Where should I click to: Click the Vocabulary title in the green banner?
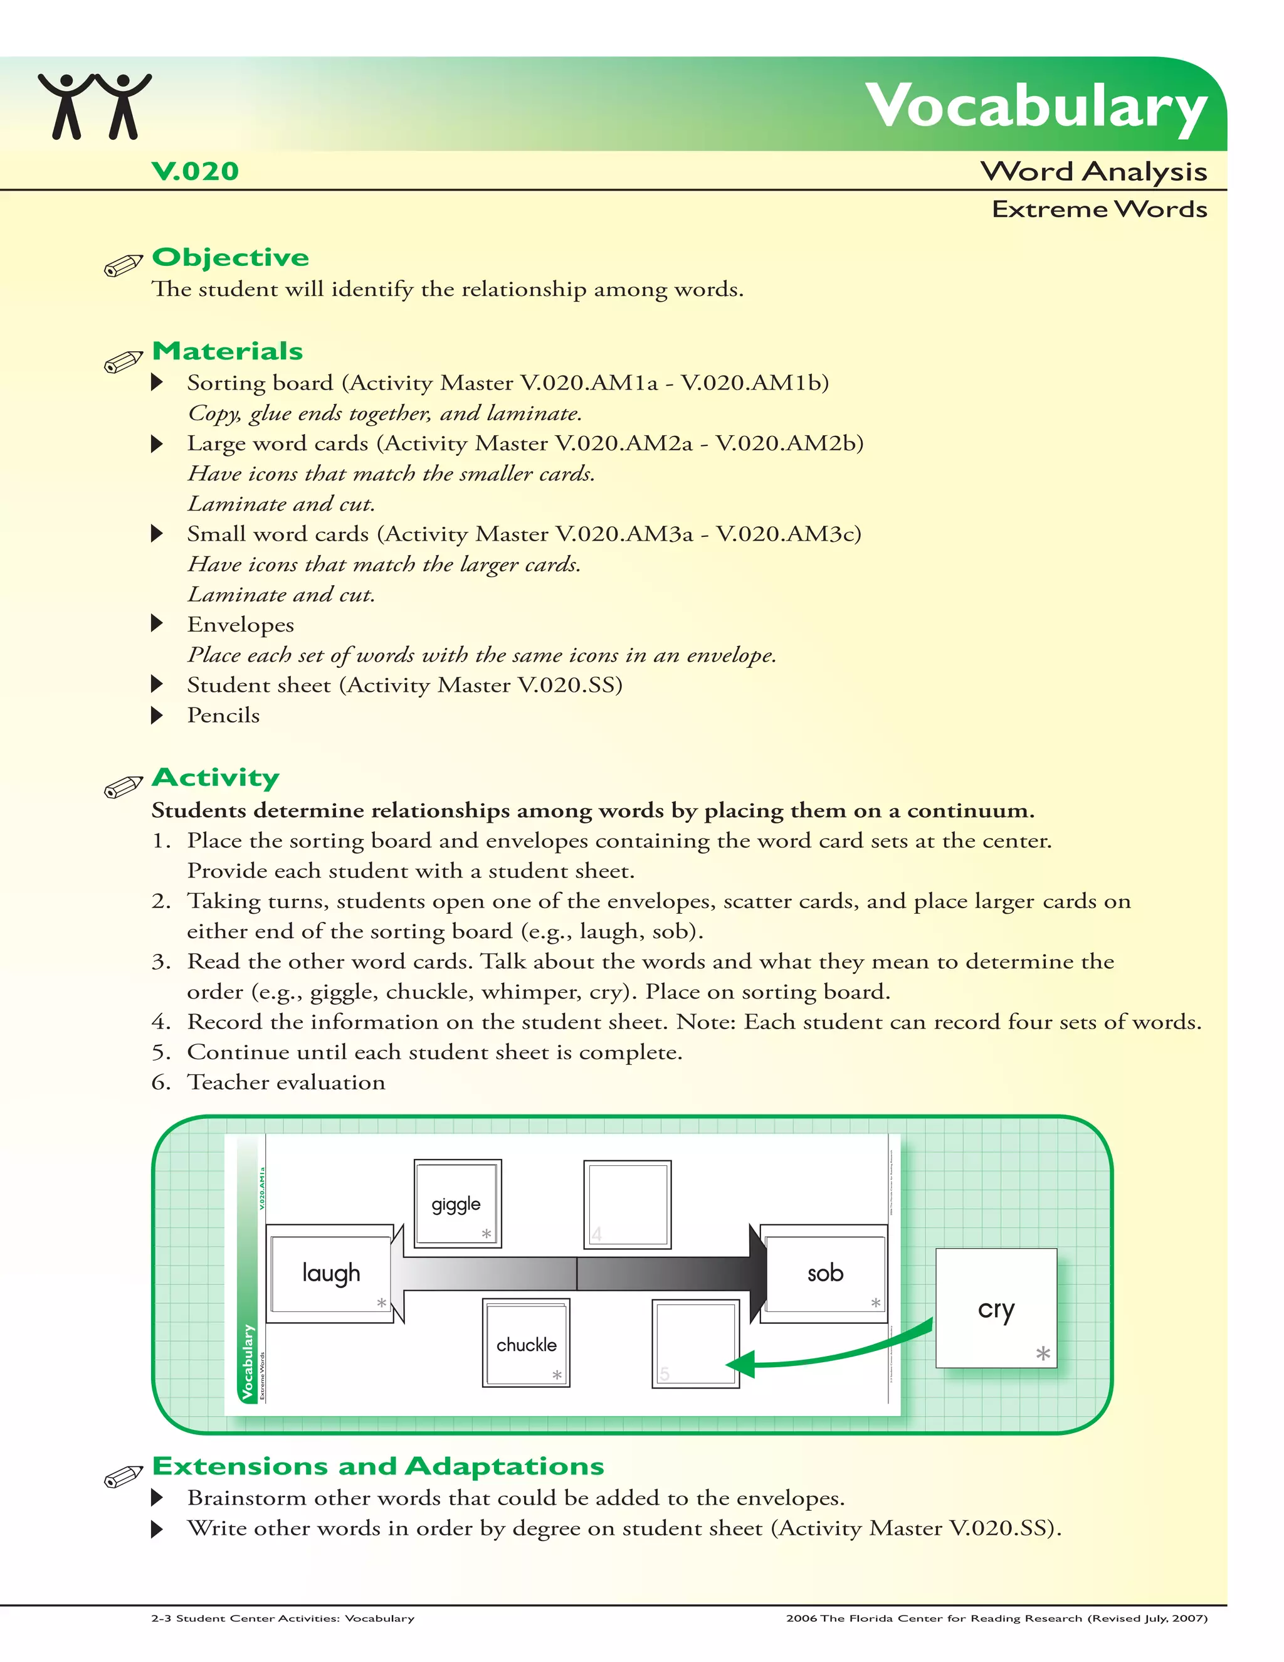1035,107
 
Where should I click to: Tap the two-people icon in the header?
95,107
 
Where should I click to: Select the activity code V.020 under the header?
196,171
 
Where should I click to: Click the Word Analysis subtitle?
1093,171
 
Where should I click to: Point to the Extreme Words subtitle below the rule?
1099,209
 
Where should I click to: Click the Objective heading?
231,257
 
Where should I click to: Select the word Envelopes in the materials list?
240,625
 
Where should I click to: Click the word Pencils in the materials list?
224,716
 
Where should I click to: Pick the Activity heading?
216,777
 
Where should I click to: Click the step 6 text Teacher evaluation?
286,1082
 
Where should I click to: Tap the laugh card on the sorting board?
330,1273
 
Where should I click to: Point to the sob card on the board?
824,1273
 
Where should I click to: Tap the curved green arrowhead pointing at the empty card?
741,1363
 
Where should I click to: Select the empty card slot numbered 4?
627,1205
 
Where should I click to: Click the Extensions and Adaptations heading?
378,1466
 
